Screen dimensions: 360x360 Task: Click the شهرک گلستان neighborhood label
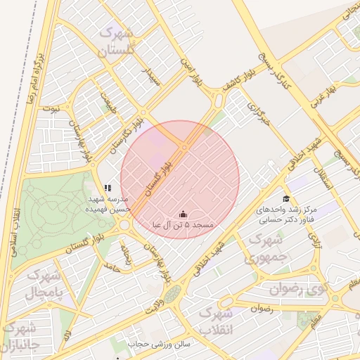pyautogui.click(x=116, y=41)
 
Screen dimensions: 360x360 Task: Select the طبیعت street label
pyautogui.click(x=106, y=103)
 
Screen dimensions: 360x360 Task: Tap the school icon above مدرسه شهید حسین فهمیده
pyautogui.click(x=108, y=188)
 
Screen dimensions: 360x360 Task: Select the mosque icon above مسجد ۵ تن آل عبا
pyautogui.click(x=183, y=214)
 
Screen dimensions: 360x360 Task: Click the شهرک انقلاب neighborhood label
pyautogui.click(x=215, y=320)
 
